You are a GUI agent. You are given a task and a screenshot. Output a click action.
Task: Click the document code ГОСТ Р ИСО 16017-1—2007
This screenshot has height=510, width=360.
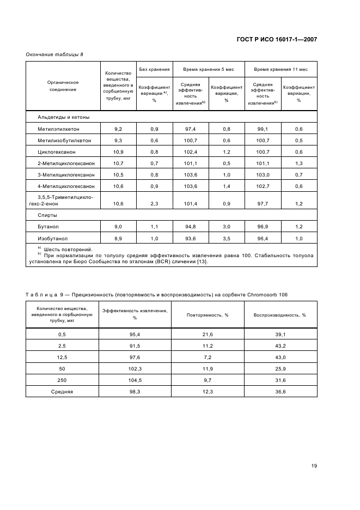(277, 39)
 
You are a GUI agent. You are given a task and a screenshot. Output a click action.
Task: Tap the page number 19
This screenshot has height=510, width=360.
(314, 466)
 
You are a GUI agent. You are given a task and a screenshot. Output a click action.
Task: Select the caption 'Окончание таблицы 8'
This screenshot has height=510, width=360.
(54, 54)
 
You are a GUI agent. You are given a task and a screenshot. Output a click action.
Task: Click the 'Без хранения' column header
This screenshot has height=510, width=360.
(154, 70)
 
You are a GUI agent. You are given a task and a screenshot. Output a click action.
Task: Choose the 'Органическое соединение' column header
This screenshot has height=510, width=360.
(63, 86)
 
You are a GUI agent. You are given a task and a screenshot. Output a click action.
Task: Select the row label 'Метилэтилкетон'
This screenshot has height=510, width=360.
(58, 129)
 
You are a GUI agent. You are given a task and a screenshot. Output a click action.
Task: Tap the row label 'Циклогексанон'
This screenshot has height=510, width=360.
(57, 151)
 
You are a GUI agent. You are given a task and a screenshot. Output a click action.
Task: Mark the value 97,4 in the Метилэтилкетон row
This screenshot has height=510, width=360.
(191, 129)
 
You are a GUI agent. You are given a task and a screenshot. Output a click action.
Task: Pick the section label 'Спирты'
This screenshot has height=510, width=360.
(47, 215)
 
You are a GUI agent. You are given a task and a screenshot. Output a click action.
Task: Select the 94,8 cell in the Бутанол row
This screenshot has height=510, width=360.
(191, 226)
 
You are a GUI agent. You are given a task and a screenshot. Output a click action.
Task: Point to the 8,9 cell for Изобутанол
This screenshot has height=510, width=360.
(118, 238)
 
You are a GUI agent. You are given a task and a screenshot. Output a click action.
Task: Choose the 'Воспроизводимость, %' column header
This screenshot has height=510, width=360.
(280, 315)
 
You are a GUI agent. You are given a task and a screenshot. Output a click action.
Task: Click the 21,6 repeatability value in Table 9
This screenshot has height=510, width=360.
(208, 334)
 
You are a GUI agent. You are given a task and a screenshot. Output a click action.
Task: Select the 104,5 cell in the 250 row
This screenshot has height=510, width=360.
(135, 380)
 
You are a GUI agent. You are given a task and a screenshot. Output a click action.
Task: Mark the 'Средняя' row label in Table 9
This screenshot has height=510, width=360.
(62, 391)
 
